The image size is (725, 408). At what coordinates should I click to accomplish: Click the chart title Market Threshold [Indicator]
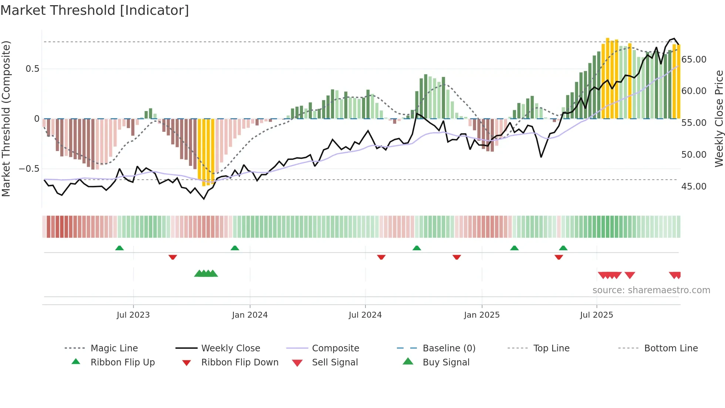(x=95, y=10)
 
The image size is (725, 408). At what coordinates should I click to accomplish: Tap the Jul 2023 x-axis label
(x=133, y=315)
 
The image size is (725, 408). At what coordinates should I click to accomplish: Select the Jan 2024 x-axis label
(x=250, y=315)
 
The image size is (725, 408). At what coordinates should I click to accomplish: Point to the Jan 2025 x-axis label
(x=482, y=315)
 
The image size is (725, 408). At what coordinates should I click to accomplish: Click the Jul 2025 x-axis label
(x=596, y=315)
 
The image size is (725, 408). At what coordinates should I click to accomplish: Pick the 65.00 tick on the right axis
(x=694, y=60)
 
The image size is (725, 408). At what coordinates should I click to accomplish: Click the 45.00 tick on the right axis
(x=694, y=187)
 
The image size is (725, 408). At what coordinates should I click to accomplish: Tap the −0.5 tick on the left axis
(x=29, y=169)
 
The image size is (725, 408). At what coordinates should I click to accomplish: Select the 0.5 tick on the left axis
(x=32, y=69)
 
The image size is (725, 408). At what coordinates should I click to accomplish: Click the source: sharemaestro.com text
(x=651, y=290)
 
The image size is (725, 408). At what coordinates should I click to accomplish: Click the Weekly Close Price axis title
(x=719, y=118)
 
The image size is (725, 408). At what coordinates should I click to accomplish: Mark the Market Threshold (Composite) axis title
(x=6, y=118)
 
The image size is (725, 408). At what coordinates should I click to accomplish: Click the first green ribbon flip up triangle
(x=119, y=248)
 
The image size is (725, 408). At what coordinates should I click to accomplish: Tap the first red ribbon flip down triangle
(x=173, y=257)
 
